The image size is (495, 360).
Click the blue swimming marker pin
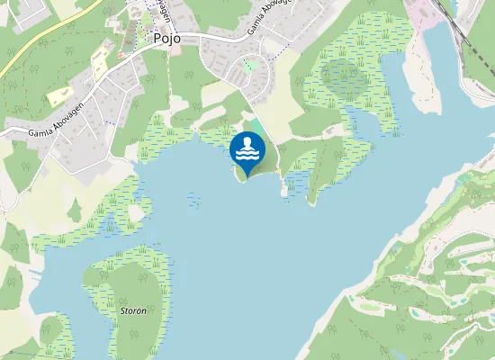[247, 150]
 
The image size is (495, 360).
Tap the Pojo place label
[167, 39]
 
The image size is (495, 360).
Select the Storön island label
[132, 310]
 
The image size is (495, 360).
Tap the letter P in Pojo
[158, 39]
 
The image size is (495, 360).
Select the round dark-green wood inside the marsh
[343, 79]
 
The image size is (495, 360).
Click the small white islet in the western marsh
[135, 212]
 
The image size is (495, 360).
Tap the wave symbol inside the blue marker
[247, 155]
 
